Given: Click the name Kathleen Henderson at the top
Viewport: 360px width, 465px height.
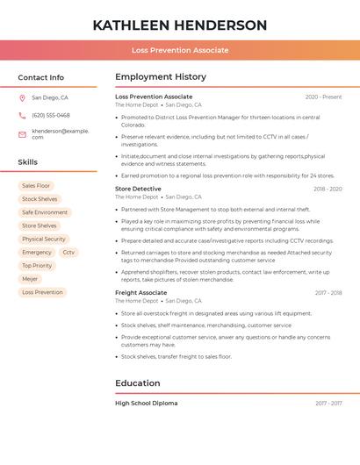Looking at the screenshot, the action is pyautogui.click(x=180, y=25).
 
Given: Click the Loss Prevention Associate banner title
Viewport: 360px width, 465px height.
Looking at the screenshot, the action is pyautogui.click(x=180, y=50).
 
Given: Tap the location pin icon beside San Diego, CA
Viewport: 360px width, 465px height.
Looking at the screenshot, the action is pyautogui.click(x=22, y=98).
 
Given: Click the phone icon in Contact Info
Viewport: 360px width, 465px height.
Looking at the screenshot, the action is pyautogui.click(x=22, y=115).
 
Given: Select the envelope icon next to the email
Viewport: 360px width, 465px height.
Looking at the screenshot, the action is pyautogui.click(x=22, y=134).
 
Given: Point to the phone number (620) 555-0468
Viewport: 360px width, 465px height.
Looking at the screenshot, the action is pyautogui.click(x=51, y=115).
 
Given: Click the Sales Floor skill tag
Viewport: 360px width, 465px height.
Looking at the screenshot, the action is pyautogui.click(x=36, y=186).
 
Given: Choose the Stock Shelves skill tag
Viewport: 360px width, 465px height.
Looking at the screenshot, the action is pyautogui.click(x=40, y=199).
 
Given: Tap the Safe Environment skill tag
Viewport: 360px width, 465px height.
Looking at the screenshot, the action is pyautogui.click(x=45, y=212).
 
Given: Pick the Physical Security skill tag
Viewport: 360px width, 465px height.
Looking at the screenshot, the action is pyautogui.click(x=44, y=239).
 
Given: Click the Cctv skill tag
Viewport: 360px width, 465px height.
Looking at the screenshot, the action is pyautogui.click(x=68, y=252).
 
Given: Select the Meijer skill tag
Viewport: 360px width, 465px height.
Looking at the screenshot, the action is pyautogui.click(x=30, y=279).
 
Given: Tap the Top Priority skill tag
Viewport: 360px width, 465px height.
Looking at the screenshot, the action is pyautogui.click(x=37, y=265).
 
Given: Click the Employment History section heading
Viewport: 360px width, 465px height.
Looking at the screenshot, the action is pyautogui.click(x=161, y=77).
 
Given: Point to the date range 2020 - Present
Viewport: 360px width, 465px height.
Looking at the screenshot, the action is pyautogui.click(x=323, y=97).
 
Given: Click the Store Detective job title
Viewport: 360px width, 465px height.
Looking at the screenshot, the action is pyautogui.click(x=138, y=189).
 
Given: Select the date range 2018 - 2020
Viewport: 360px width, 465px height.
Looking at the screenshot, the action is pyautogui.click(x=328, y=189).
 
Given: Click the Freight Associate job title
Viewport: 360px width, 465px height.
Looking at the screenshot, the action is pyautogui.click(x=140, y=292).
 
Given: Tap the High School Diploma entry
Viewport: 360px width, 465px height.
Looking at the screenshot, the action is pyautogui.click(x=146, y=403).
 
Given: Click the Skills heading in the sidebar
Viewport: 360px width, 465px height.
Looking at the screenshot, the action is pyautogui.click(x=28, y=162).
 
